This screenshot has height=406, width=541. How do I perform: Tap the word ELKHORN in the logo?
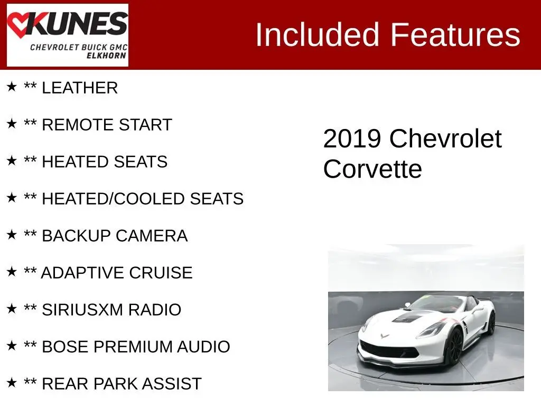pos(106,56)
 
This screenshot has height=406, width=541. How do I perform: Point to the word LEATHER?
pos(80,88)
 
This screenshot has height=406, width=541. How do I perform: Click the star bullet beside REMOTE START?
pos(12,123)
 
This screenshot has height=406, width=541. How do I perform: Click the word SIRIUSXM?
pos(82,310)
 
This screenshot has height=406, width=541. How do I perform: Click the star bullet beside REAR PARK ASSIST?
pos(12,382)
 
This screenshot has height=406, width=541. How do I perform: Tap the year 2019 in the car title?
pos(352,139)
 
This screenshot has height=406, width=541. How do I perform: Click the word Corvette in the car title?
pos(372,169)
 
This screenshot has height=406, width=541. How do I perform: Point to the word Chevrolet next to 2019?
pos(445,139)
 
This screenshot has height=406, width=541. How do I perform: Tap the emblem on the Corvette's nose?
pos(385,335)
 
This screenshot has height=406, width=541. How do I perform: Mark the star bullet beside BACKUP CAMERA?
pos(12,234)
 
